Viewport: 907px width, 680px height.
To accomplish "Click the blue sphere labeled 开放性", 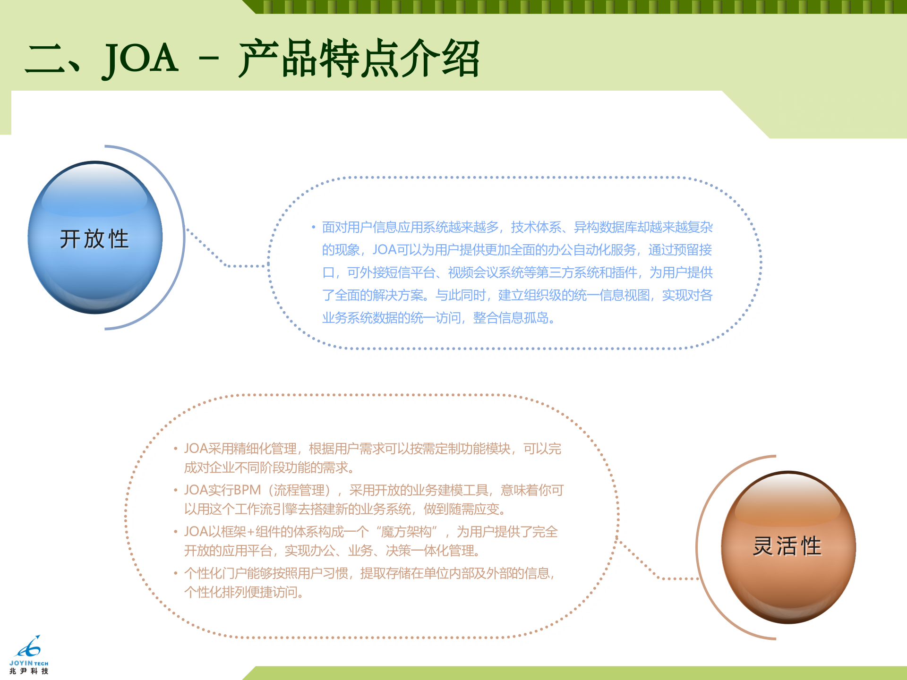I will [95, 238].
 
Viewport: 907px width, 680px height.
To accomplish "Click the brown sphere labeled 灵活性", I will [788, 547].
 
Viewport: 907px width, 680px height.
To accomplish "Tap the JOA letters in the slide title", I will [140, 59].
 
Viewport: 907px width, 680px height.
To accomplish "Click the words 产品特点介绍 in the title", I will [359, 59].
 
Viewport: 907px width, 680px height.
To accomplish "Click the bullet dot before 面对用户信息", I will [313, 228].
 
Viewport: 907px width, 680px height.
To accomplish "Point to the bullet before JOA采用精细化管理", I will [175, 449].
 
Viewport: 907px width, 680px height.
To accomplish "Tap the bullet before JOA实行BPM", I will [175, 490].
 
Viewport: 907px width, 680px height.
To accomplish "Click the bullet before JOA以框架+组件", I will [175, 532].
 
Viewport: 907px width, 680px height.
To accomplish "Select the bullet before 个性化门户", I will [175, 573].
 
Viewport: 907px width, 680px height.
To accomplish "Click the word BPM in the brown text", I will [247, 490].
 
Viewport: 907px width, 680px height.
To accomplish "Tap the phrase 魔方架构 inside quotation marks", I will [406, 532].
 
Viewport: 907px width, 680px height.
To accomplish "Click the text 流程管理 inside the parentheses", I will [299, 490].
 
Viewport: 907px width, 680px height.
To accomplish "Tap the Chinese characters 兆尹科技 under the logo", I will [29, 671].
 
